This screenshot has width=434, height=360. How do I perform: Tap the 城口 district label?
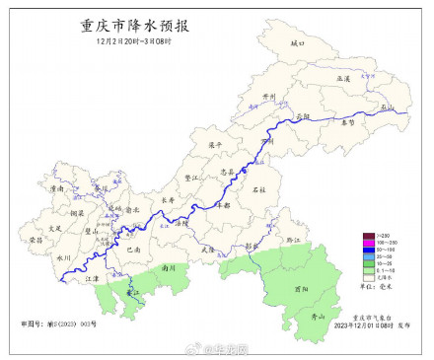(299, 44)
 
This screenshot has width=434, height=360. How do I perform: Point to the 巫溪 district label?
(343, 76)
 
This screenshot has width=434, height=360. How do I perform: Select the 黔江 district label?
(291, 239)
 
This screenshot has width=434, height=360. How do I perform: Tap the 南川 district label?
(169, 266)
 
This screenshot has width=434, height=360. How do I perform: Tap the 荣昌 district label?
(35, 239)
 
